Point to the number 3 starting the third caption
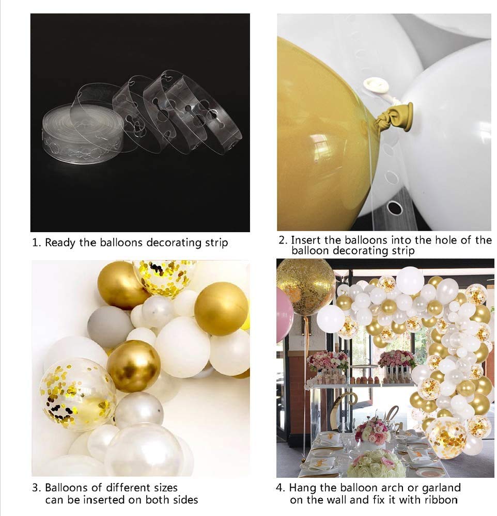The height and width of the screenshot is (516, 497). click(x=35, y=488)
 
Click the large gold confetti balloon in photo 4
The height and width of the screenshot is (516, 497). click(x=305, y=286)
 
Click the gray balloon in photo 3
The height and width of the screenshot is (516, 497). click(x=110, y=326)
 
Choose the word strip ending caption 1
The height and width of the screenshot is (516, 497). click(x=216, y=242)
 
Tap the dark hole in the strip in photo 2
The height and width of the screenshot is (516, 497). click(x=394, y=207)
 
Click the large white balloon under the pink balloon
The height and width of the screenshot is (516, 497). click(x=331, y=318)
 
